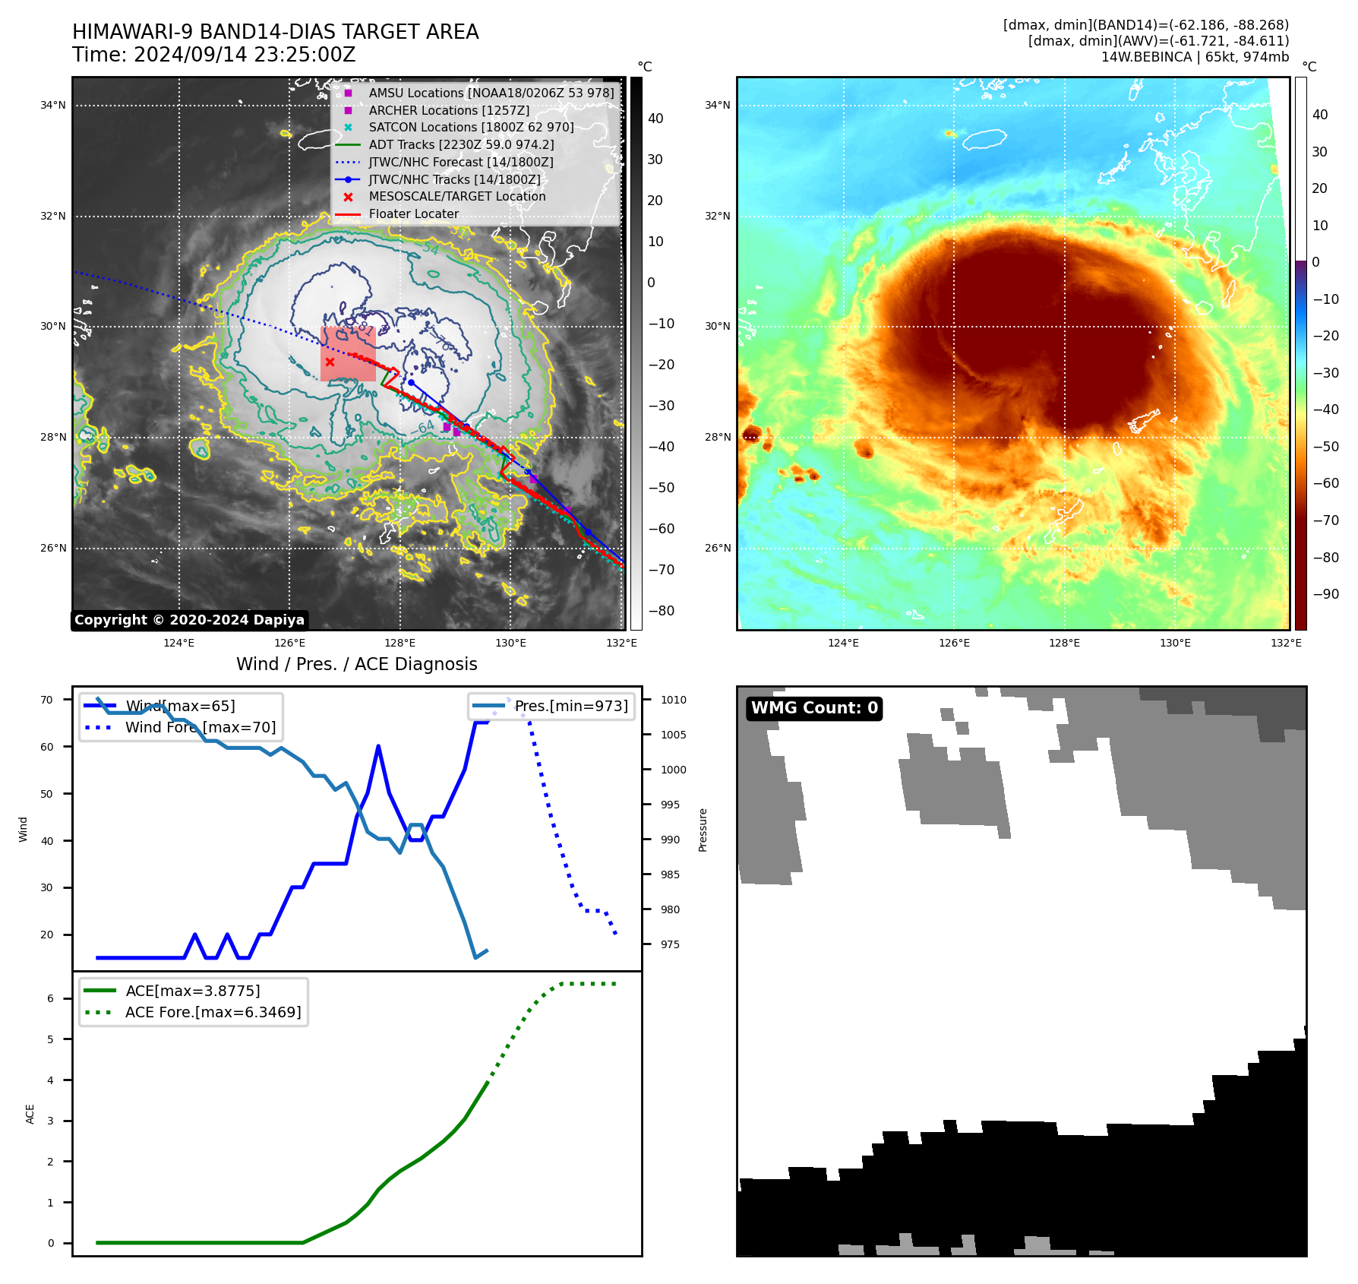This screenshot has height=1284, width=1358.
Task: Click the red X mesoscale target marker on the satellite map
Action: pos(330,362)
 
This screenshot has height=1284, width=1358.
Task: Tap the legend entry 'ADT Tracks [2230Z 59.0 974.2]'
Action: pos(461,144)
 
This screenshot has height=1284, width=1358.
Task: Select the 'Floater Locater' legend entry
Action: pos(413,214)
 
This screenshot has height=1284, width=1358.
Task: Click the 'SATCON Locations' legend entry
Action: pos(471,128)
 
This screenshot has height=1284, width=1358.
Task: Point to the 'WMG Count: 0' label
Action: pos(814,708)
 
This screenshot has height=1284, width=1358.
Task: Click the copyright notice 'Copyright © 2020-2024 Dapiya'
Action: pos(189,620)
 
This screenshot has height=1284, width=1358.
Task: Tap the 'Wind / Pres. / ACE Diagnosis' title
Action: pos(357,664)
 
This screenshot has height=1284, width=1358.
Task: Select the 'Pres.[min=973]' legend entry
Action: pos(571,706)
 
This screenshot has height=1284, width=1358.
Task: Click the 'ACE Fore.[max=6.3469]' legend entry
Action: pos(213,1012)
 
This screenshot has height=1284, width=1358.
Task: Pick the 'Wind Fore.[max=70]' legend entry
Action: pos(201,727)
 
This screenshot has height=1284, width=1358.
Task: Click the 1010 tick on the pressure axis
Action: pos(673,700)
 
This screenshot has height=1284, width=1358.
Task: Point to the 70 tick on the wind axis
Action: pos(47,700)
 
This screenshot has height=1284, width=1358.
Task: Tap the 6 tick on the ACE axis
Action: pos(51,998)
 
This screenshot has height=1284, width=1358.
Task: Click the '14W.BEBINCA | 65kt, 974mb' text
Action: pos(1195,57)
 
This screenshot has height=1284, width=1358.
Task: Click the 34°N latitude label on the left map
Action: pos(53,106)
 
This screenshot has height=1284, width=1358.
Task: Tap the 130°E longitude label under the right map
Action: pos(1175,643)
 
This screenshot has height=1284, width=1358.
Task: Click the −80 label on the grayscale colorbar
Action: pos(661,611)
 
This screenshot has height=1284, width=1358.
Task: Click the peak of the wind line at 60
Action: pos(378,747)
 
